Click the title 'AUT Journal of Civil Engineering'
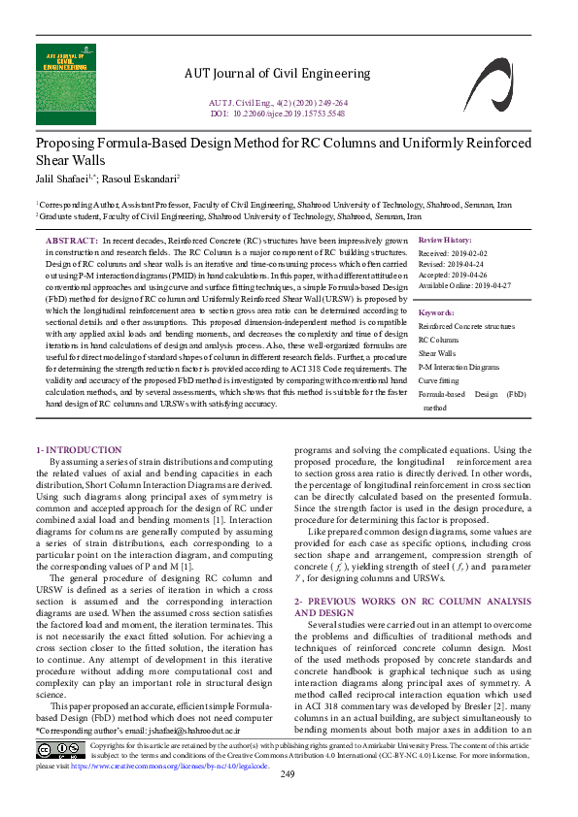[x=277, y=73]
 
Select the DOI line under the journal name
[x=278, y=114]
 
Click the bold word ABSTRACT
[x=72, y=240]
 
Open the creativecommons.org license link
[x=172, y=766]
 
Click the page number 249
[x=288, y=801]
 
